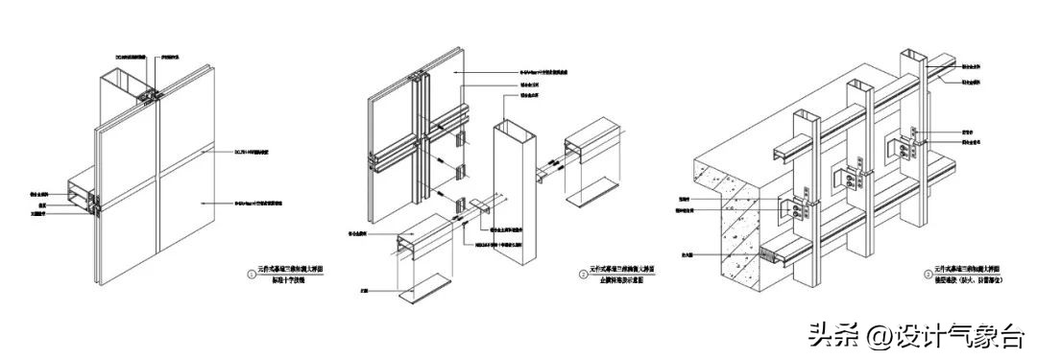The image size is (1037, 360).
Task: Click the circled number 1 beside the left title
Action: pyautogui.click(x=252, y=275)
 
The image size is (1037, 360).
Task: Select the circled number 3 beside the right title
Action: pyautogui.click(x=928, y=275)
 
